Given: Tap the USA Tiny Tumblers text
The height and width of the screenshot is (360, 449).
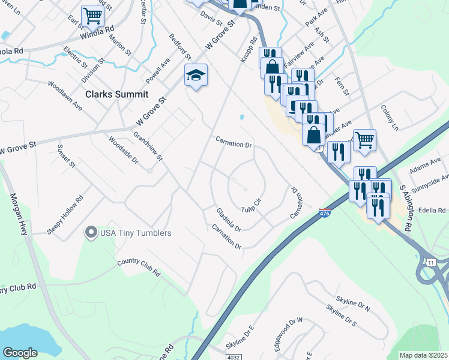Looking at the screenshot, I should pyautogui.click(x=136, y=233).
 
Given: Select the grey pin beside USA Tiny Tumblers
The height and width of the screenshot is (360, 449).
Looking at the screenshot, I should pyautogui.click(x=91, y=232).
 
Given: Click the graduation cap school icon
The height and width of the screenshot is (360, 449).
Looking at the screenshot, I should pyautogui.click(x=196, y=76).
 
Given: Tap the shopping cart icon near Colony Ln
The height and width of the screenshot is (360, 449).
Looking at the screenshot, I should pyautogui.click(x=364, y=140).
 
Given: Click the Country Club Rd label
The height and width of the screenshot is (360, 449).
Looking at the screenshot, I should pyautogui.click(x=139, y=266).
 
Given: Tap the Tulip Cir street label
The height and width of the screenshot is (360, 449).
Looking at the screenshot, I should pyautogui.click(x=253, y=205).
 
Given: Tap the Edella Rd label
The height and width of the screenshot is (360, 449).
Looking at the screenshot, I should pyautogui.click(x=433, y=211).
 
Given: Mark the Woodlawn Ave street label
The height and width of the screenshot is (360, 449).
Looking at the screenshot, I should pyautogui.click(x=65, y=94).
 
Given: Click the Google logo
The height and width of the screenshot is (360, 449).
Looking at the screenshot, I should pyautogui.click(x=20, y=353).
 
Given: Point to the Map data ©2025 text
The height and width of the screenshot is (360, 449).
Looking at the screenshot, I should pyautogui.click(x=423, y=355).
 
